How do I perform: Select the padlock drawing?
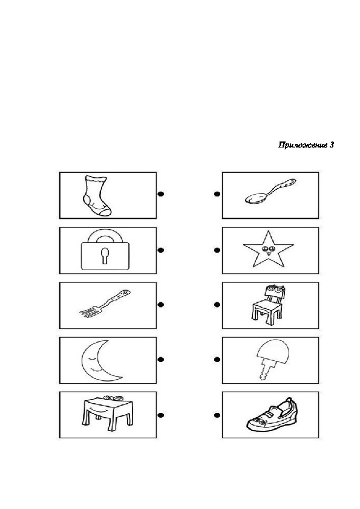(x=105, y=250)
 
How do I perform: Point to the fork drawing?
(x=105, y=303)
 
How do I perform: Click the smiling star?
(x=269, y=249)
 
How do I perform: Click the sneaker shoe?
(x=272, y=415)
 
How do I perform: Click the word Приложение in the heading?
(x=303, y=145)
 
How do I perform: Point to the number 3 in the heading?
(x=332, y=144)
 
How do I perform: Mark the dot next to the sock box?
(x=160, y=194)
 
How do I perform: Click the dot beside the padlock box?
(x=160, y=250)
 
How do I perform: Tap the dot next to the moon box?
(x=160, y=359)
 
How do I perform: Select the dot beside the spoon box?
(x=217, y=194)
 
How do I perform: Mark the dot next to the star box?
(x=217, y=250)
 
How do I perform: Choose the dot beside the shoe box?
(x=217, y=415)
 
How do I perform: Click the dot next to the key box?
(x=217, y=359)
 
